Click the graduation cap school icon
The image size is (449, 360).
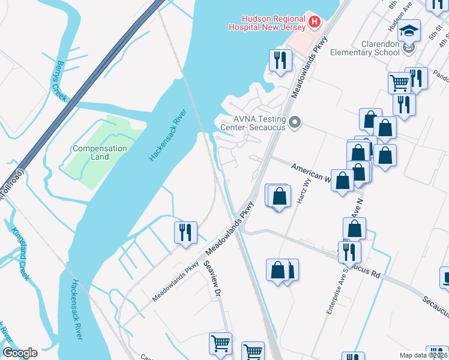[x=409, y=30]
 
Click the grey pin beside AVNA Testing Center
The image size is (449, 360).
[x=294, y=123]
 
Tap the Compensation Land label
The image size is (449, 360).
[x=100, y=152]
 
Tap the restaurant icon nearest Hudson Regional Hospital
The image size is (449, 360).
[x=280, y=60]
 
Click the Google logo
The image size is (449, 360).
[x=20, y=353]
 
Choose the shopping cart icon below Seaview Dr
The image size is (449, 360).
[x=220, y=344]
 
